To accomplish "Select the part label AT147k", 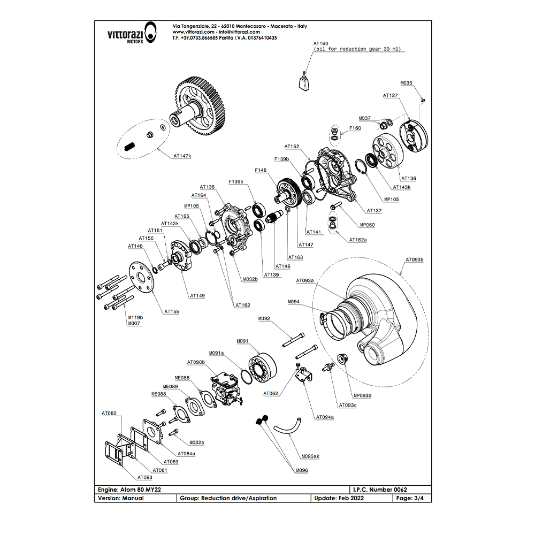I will tap(182, 157).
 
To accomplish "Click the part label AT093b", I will tap(414, 260).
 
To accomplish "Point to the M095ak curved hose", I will tap(287, 427).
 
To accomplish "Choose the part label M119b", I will tap(135, 318).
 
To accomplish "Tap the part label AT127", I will tap(391, 95).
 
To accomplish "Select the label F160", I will tap(355, 128).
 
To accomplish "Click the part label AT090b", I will tap(196, 362).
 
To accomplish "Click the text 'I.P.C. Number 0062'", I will tap(380, 490).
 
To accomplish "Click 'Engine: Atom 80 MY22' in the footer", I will tap(129, 490).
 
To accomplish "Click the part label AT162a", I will tap(358, 240).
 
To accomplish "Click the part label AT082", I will tap(109, 414).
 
